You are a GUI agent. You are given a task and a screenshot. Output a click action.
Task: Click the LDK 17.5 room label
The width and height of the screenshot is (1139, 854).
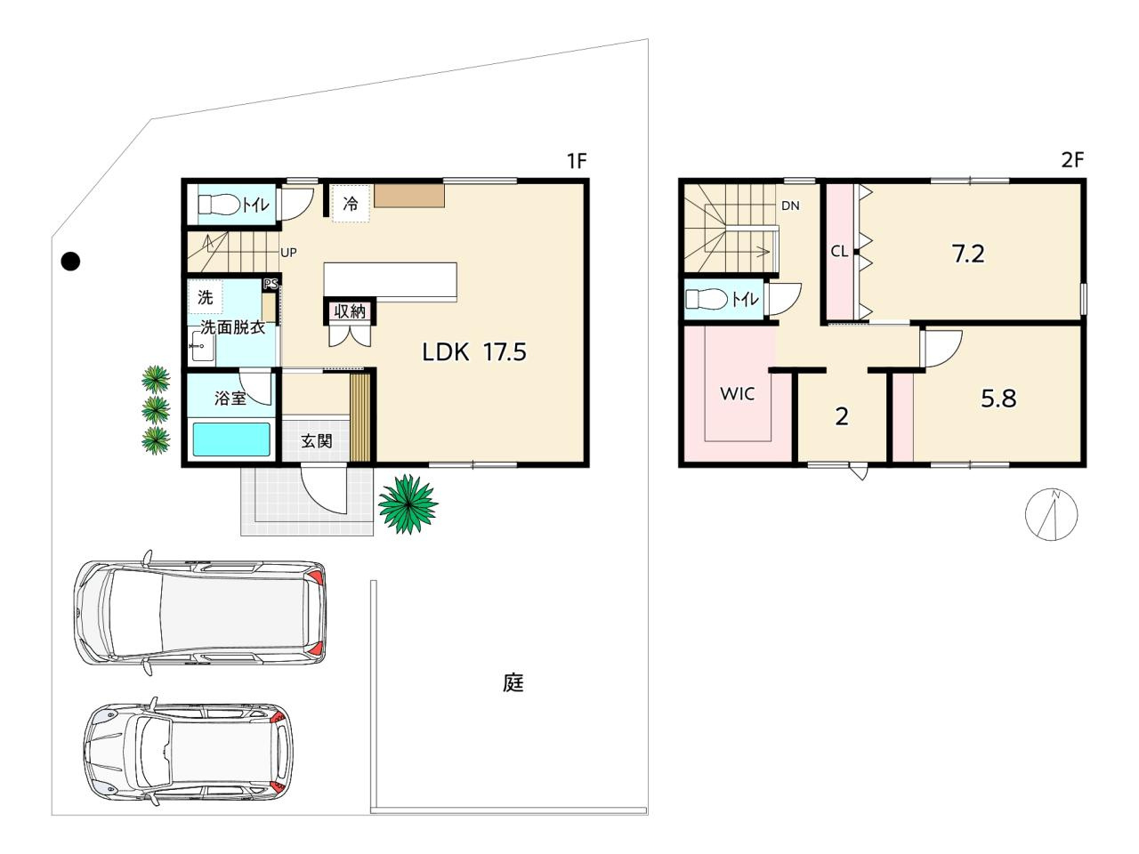click(x=474, y=352)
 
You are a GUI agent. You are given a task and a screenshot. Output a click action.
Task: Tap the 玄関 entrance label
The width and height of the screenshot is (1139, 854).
click(x=317, y=441)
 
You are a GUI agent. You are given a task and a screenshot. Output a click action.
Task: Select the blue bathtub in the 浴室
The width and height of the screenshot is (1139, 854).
click(x=231, y=439)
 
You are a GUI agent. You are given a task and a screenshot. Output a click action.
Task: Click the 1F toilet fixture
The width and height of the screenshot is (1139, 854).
click(x=220, y=205)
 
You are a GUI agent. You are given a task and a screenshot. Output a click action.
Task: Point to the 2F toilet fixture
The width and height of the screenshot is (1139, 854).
click(x=707, y=299)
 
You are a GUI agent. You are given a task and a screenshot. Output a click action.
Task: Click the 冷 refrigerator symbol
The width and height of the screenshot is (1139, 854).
click(x=351, y=203)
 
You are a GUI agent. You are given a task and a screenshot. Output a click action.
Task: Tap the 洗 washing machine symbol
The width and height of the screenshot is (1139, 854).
click(x=206, y=297)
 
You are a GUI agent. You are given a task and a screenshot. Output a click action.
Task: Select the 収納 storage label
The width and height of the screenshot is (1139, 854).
click(x=350, y=311)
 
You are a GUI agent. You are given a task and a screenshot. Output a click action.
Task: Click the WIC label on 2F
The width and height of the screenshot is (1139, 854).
click(x=738, y=393)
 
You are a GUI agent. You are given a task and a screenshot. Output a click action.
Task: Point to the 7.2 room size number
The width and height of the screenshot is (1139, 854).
click(x=968, y=254)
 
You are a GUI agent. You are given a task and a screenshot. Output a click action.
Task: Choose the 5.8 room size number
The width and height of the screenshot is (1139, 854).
click(x=999, y=399)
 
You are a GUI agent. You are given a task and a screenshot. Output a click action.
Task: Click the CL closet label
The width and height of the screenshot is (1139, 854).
click(x=839, y=252)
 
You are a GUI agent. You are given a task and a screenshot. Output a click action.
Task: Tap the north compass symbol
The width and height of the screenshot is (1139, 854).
click(x=1051, y=514)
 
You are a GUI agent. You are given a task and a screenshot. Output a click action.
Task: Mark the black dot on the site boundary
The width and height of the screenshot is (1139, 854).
click(x=70, y=262)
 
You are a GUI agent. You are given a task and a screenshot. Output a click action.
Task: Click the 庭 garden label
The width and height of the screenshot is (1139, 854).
click(x=513, y=683)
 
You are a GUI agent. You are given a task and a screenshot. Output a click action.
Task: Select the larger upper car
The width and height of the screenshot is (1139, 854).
click(x=200, y=612)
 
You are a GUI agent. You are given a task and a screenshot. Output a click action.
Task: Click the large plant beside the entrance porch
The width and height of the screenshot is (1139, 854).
click(x=408, y=504)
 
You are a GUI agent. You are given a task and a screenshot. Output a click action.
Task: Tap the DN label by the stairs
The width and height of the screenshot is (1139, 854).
click(x=790, y=205)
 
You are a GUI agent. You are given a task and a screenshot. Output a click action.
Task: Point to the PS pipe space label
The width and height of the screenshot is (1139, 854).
click(x=271, y=284)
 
